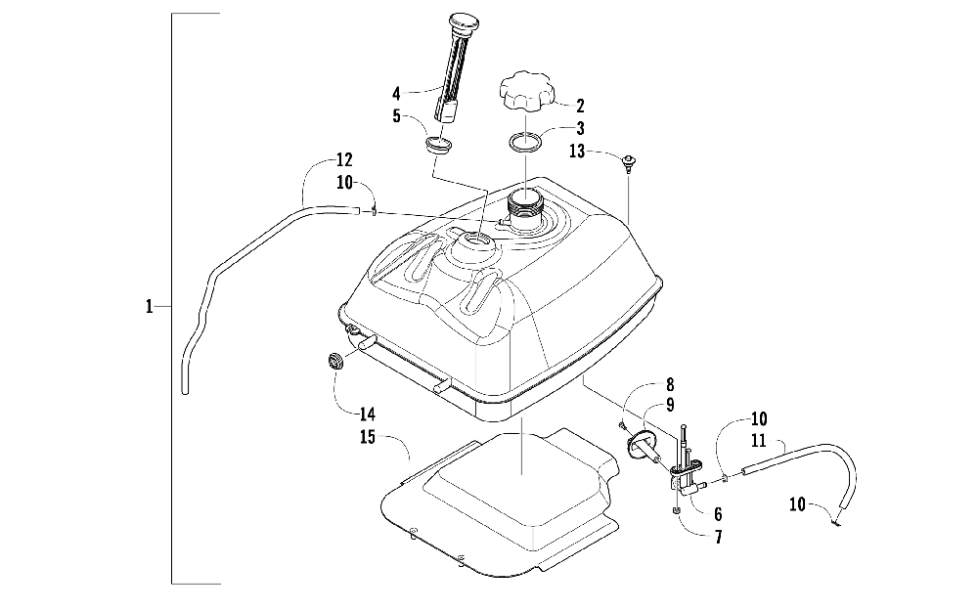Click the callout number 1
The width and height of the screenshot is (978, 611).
click(149, 307)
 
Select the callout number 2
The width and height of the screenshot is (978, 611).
click(580, 106)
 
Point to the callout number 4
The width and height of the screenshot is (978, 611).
click(397, 94)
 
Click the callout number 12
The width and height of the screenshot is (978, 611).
click(344, 159)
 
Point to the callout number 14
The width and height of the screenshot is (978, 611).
click(339, 413)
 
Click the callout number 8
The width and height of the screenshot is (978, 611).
click(670, 385)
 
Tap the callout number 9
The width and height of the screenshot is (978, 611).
click(670, 404)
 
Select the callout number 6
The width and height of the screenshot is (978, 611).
click(718, 513)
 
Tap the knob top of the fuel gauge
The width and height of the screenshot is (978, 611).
click(462, 22)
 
